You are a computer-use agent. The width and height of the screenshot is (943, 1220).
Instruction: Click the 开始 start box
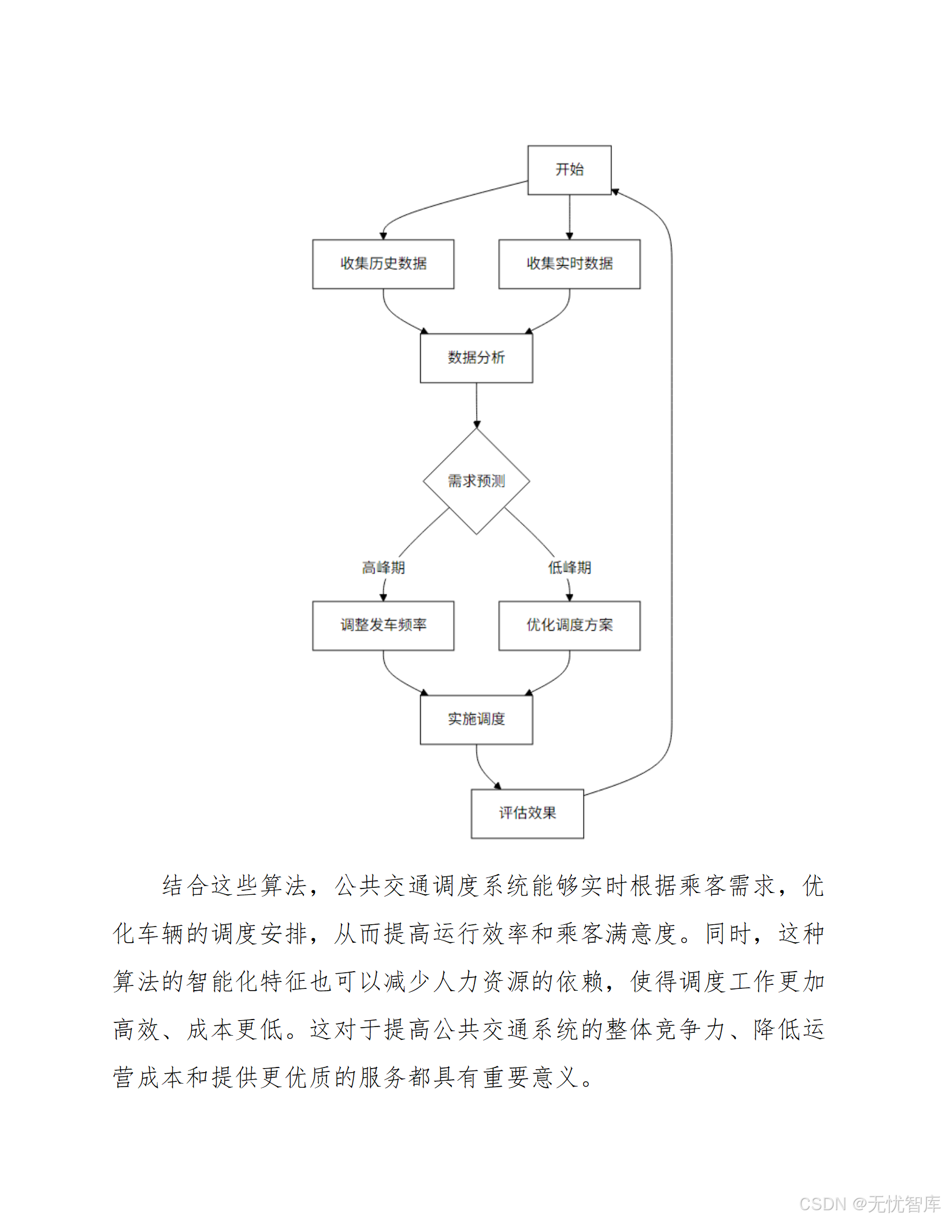click(569, 170)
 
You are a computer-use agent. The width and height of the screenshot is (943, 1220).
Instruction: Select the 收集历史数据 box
click(383, 264)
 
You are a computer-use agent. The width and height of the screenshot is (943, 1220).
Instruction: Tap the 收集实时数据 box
click(569, 264)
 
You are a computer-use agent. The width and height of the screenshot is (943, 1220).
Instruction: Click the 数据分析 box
click(476, 358)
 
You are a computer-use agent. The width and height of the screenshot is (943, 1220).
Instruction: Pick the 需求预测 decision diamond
click(476, 481)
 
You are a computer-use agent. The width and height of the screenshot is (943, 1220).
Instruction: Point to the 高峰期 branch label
click(383, 568)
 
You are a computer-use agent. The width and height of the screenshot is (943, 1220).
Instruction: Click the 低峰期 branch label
click(569, 568)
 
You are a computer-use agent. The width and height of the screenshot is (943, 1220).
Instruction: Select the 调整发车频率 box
click(383, 626)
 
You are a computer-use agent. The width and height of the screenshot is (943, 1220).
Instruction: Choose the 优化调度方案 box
click(569, 626)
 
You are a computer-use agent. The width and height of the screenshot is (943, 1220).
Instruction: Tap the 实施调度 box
click(476, 719)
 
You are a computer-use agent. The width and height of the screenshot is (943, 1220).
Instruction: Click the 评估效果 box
click(527, 813)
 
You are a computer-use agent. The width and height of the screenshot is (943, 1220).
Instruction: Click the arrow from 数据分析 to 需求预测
click(477, 404)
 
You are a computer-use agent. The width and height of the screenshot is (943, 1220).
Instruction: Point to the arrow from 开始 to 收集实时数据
click(570, 217)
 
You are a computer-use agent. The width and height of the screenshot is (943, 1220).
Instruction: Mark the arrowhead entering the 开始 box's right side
click(615, 192)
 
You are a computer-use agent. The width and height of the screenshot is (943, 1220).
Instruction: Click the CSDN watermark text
click(870, 1204)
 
